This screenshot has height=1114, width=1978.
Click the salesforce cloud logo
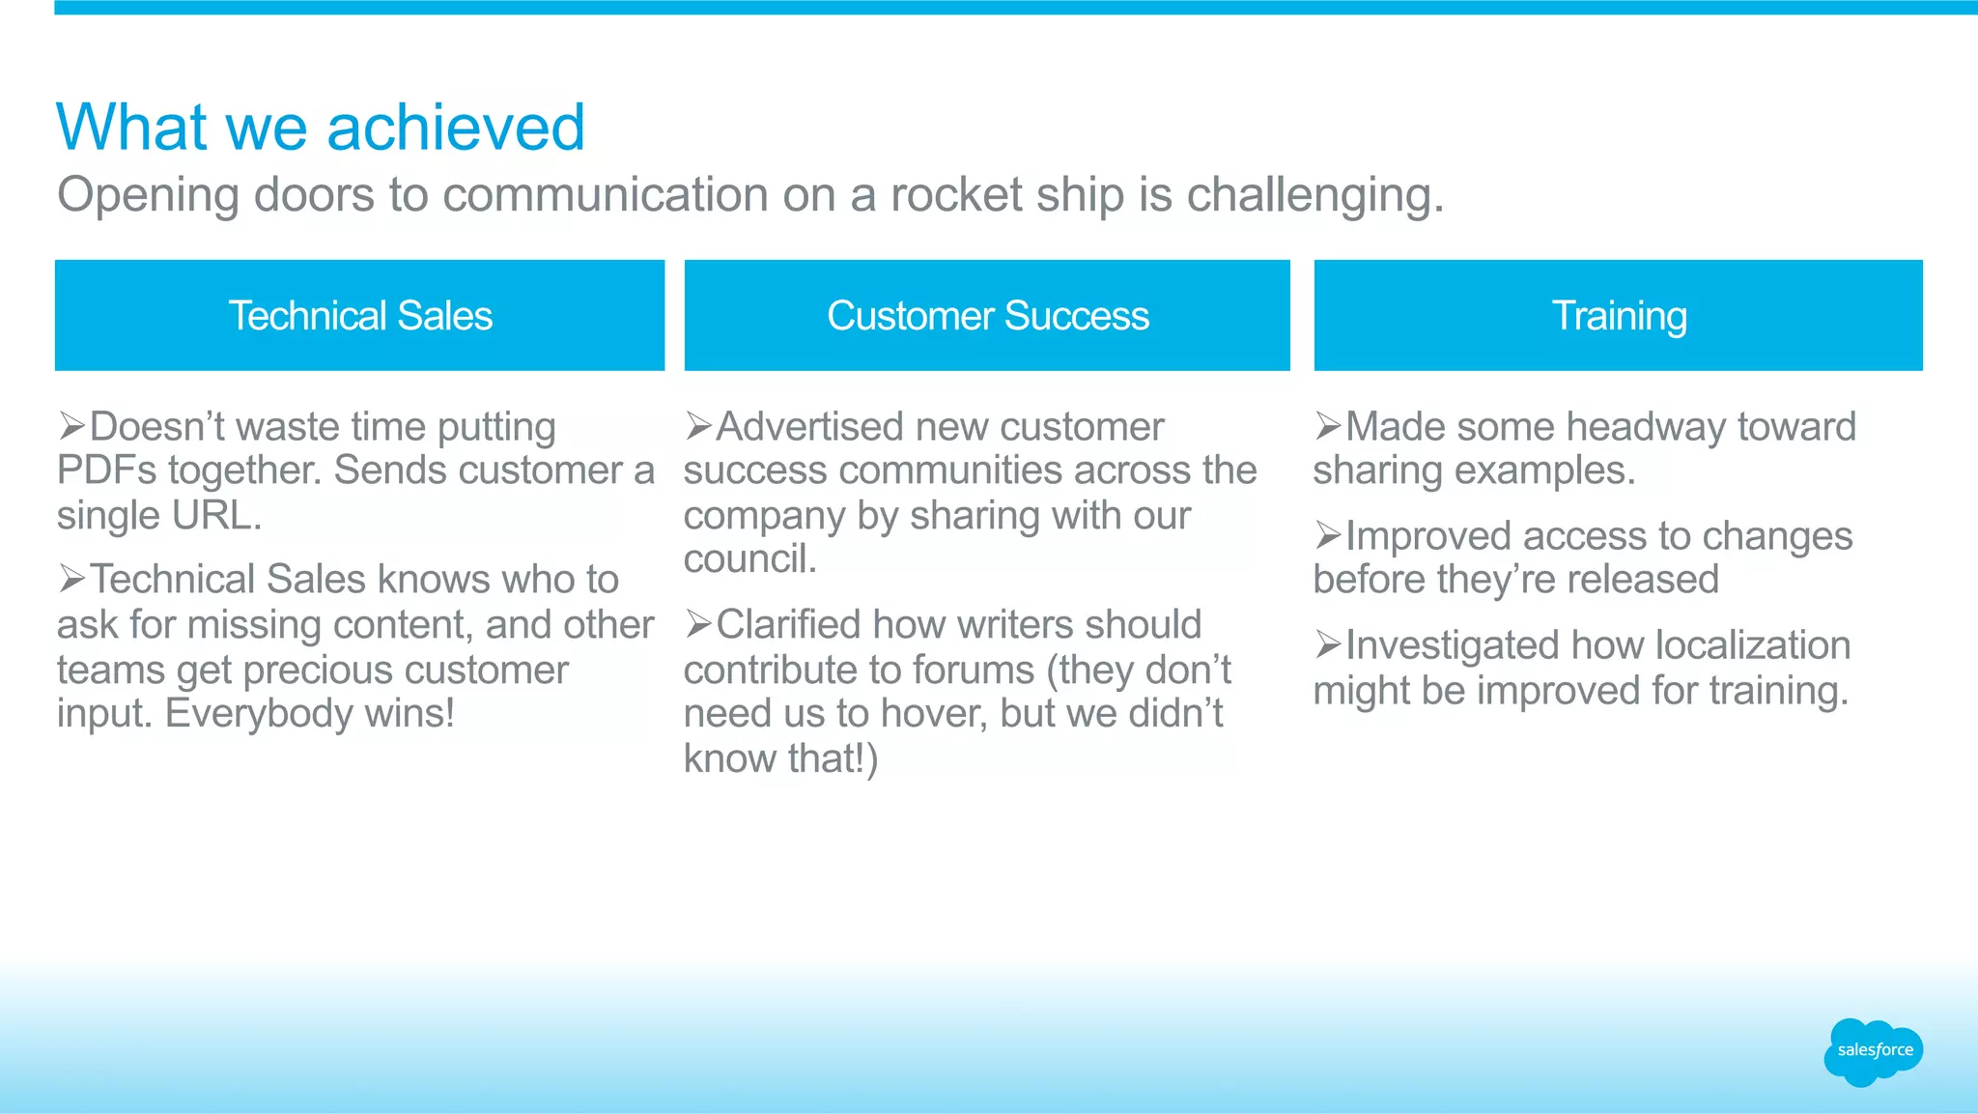pyautogui.click(x=1873, y=1051)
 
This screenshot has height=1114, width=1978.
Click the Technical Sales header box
pyautogui.click(x=359, y=315)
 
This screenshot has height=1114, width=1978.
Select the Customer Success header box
pyautogui.click(x=987, y=315)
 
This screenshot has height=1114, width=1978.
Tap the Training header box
pyautogui.click(x=1618, y=315)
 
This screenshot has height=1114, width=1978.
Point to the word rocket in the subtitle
pyautogui.click(x=956, y=195)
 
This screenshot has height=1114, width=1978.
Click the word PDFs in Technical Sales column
pyautogui.click(x=106, y=471)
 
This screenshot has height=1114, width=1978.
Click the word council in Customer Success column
pyautogui.click(x=749, y=559)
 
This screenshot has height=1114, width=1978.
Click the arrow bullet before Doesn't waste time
pyautogui.click(x=71, y=425)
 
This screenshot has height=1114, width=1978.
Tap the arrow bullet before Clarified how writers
pyautogui.click(x=698, y=624)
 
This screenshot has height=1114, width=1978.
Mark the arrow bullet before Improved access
pyautogui.click(x=1328, y=535)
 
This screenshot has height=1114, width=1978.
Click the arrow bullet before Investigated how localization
pyautogui.click(x=1328, y=644)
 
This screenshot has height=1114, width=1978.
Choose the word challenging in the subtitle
pyautogui.click(x=1314, y=195)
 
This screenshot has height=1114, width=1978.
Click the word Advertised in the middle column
pyautogui.click(x=808, y=427)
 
